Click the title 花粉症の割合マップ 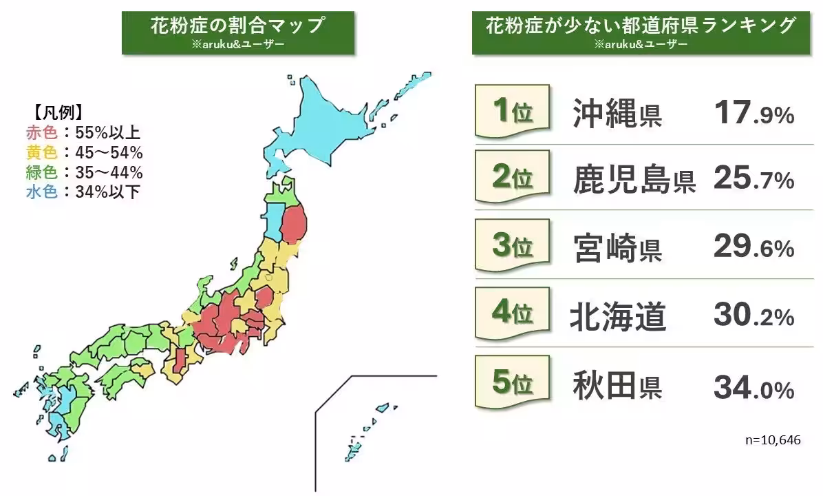[237, 26]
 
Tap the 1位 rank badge [513, 112]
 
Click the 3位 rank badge [513, 246]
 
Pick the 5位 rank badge [513, 382]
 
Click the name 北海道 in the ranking [617, 316]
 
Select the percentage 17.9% [753, 114]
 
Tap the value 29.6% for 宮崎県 [753, 247]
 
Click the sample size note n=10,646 [773, 440]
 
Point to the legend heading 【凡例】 [58, 112]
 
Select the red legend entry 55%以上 [83, 132]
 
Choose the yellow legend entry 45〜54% [83, 152]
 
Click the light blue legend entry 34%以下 [83, 192]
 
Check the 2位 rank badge [513, 179]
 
